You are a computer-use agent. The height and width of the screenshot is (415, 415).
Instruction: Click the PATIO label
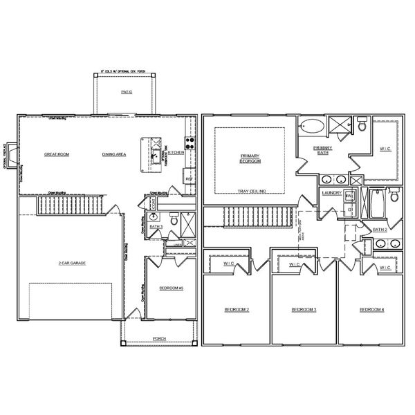pyautogui.click(x=126, y=91)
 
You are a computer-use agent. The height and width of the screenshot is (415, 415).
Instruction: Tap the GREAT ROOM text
pyautogui.click(x=57, y=154)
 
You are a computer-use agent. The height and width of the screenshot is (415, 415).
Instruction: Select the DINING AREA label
pyautogui.click(x=113, y=154)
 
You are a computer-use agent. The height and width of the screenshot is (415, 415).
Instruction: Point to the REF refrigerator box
pyautogui.click(x=188, y=179)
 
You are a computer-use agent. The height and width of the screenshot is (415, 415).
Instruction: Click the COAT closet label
pyautogui.click(x=154, y=204)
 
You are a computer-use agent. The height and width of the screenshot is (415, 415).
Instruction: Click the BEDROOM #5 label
pyautogui.click(x=171, y=288)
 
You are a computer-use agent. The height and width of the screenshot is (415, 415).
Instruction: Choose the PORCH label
pyautogui.click(x=159, y=338)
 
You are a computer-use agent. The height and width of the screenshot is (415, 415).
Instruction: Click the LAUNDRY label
pyautogui.click(x=331, y=194)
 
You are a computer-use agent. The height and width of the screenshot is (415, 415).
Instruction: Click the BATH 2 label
pyautogui.click(x=380, y=229)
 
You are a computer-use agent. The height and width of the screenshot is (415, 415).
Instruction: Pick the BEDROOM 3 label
pyautogui.click(x=304, y=309)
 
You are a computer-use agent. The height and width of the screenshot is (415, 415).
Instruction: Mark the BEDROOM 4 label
pyautogui.click(x=371, y=309)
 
